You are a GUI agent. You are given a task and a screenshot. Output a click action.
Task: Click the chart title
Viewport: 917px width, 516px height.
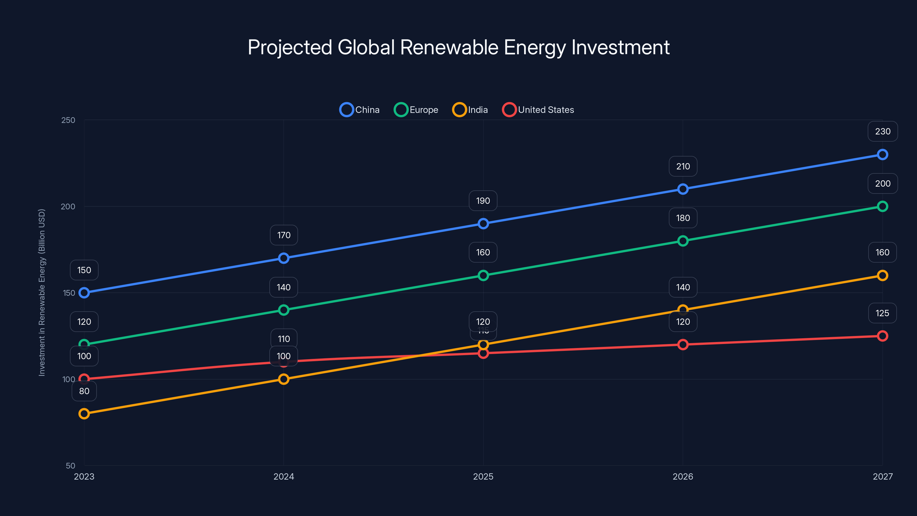pyautogui.click(x=458, y=47)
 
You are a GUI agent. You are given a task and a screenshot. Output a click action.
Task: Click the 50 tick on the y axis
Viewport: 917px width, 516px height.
pyautogui.click(x=70, y=466)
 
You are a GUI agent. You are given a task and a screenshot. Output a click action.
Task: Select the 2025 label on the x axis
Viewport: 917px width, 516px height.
pyautogui.click(x=483, y=476)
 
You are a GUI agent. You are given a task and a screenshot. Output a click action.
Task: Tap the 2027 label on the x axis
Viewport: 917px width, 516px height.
pyautogui.click(x=883, y=476)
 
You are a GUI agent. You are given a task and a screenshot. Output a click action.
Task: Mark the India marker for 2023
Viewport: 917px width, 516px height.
pyautogui.click(x=84, y=413)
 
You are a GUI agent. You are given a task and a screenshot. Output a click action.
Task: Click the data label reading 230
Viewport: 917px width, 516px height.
pyautogui.click(x=883, y=131)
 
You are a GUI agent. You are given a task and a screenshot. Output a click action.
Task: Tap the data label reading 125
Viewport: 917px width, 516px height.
pyautogui.click(x=882, y=313)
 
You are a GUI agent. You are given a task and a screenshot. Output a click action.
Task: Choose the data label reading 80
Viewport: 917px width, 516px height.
pyautogui.click(x=84, y=391)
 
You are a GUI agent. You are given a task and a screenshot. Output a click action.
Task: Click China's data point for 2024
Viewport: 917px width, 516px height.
pyautogui.click(x=284, y=258)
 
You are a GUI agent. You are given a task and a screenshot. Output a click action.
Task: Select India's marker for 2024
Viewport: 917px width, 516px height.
pyautogui.click(x=284, y=379)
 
